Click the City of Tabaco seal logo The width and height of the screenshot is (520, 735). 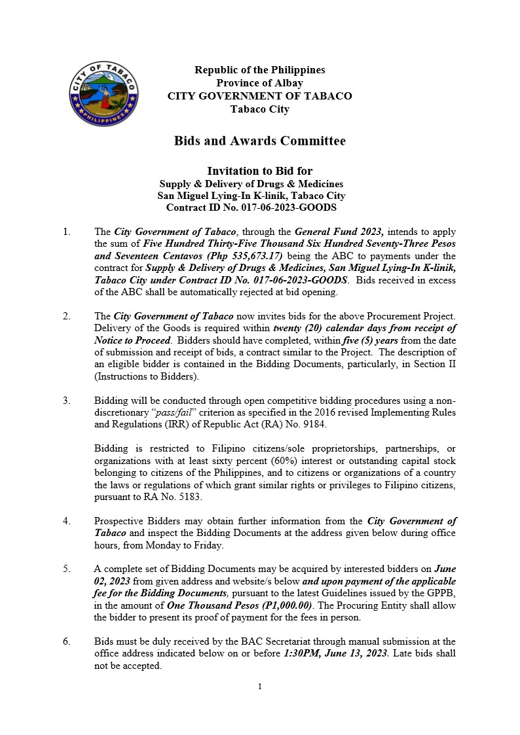(103, 94)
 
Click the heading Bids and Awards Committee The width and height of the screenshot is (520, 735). (259, 141)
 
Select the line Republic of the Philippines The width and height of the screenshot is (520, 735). (259, 70)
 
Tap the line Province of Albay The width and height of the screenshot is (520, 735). (259, 83)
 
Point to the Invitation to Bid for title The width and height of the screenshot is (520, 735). (259, 171)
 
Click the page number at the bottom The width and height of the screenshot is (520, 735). (260, 687)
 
